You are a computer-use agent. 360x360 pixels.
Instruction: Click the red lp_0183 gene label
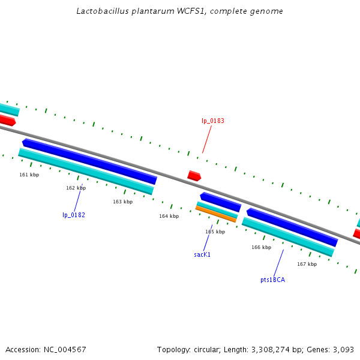(x=213, y=121)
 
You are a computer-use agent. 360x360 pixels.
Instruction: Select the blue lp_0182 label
(x=74, y=215)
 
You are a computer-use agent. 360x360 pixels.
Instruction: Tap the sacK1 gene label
(x=202, y=254)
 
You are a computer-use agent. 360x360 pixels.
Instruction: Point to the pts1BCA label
(x=272, y=280)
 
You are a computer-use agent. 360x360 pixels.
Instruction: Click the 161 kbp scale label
(x=29, y=175)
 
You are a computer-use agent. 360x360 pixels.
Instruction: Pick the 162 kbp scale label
(x=76, y=188)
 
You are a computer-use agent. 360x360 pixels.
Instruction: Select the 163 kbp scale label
(x=122, y=202)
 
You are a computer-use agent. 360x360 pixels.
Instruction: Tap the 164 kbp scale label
(x=169, y=216)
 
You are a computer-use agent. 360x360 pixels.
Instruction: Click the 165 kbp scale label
(x=215, y=232)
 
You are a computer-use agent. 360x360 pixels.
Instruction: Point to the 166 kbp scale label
(x=261, y=247)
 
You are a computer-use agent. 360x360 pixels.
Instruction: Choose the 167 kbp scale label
(x=307, y=264)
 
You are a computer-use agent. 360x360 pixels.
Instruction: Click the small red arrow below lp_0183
(x=194, y=176)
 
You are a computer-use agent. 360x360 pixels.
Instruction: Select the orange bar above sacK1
(x=215, y=214)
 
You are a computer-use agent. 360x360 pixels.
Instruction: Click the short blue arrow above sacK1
(x=220, y=202)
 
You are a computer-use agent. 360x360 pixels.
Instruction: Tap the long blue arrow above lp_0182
(x=89, y=161)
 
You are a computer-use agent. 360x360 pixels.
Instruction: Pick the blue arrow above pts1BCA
(x=292, y=227)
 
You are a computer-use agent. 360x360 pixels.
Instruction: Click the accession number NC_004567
(x=65, y=349)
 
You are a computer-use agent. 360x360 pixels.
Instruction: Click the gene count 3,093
(x=343, y=349)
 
